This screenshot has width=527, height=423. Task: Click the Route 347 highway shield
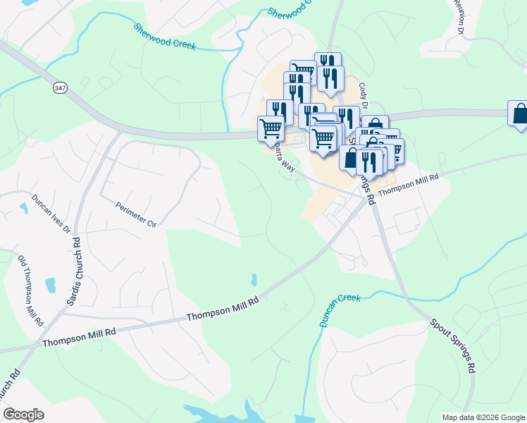[x=59, y=87]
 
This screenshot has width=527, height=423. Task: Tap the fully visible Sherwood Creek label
[x=164, y=37]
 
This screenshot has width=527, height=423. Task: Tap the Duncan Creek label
[x=340, y=309]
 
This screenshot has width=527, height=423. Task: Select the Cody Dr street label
[x=364, y=96]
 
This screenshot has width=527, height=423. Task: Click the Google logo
[x=23, y=414]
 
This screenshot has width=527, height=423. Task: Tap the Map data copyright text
[x=483, y=417]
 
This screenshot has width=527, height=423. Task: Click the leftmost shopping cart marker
[x=271, y=128]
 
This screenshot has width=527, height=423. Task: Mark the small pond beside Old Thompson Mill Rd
[x=50, y=286]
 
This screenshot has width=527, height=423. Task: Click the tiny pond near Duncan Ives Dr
[x=24, y=208]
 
